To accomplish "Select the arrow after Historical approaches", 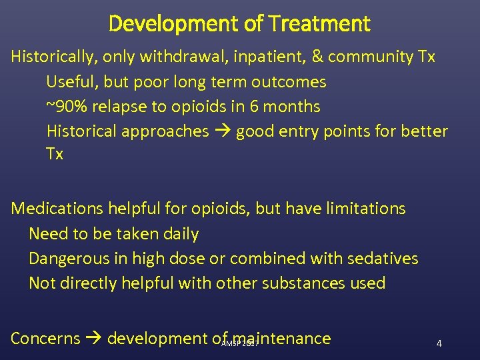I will click(223, 131).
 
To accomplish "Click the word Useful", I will click(70, 82).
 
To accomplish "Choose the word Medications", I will click(57, 209).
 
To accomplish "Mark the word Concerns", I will click(45, 339).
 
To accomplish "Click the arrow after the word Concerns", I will click(94, 339).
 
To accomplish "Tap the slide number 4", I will click(439, 343).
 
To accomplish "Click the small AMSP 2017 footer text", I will click(239, 343).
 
